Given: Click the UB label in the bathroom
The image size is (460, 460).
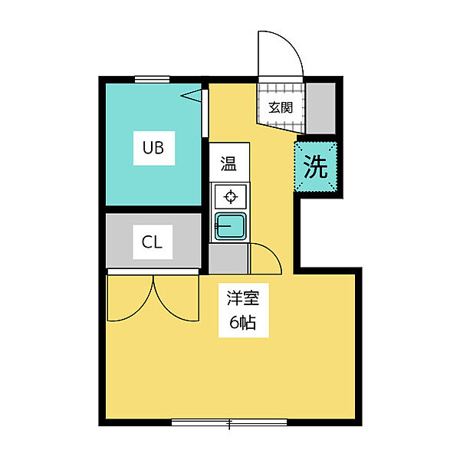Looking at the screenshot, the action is click(153, 147).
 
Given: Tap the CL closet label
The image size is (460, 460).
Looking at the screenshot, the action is click(152, 242).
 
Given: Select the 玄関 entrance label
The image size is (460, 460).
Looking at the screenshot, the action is click(281, 107).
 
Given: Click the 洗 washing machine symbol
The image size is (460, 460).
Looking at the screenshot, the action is click(316, 166).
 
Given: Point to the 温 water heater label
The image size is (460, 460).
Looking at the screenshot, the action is click(228, 164).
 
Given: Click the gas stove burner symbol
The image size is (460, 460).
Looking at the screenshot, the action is click(231, 196).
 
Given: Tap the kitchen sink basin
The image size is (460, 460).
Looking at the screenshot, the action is click(231, 226).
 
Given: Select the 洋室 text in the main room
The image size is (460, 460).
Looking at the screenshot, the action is click(243, 298).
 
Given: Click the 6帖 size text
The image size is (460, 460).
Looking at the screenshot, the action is click(243, 323).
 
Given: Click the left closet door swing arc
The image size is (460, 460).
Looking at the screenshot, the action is click(141, 310).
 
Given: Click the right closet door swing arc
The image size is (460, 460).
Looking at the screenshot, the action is click(166, 308).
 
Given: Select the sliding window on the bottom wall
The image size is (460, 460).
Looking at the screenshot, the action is click(229, 422).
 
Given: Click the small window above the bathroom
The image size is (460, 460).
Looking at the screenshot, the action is click(152, 79).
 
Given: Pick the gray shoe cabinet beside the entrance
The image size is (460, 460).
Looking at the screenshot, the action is click(320, 109).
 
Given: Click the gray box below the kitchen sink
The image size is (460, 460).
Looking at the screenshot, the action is click(228, 259).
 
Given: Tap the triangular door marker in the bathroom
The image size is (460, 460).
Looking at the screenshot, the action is click(191, 96).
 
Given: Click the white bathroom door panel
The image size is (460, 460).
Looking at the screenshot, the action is click(205, 113).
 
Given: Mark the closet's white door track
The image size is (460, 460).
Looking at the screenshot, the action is click(153, 271).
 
